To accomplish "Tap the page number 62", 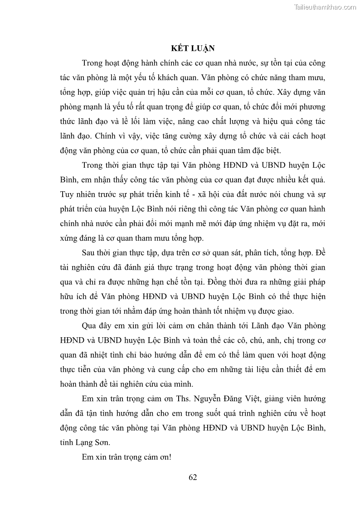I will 193,476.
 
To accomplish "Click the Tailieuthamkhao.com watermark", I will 325,7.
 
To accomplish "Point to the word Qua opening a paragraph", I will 90,325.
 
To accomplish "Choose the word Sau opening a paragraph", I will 89,253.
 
